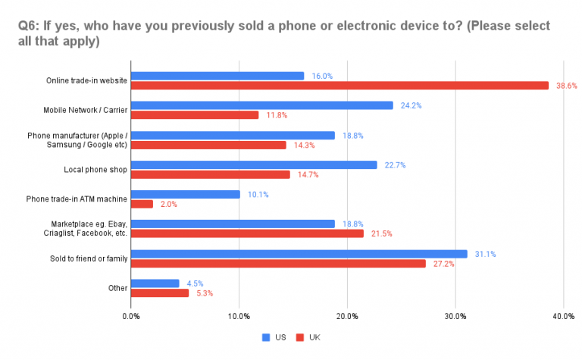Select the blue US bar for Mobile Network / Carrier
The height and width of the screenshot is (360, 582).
point(262,105)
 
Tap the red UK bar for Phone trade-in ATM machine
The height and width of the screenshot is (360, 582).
point(142,204)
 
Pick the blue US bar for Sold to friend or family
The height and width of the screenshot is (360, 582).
point(299,253)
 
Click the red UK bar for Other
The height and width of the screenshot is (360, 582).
point(160,293)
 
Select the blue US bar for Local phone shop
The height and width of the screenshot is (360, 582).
point(254,164)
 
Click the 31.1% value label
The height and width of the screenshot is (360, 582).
point(484,254)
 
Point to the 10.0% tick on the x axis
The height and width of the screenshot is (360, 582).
point(239,315)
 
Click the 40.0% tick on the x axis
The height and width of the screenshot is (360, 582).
point(563,315)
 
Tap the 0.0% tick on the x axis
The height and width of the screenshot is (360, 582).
point(131,315)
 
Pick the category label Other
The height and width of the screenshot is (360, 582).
point(117,288)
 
